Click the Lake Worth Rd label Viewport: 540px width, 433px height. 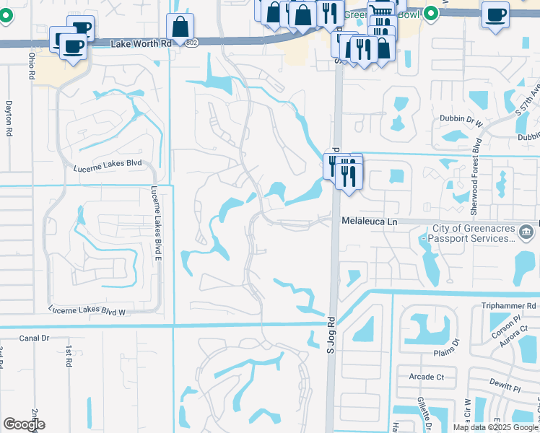pyautogui.click(x=141, y=44)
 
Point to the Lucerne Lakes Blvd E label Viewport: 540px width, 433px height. pyautogui.click(x=155, y=214)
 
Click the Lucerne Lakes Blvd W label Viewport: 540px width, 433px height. pyautogui.click(x=87, y=310)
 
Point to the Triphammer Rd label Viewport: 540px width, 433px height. pyautogui.click(x=510, y=306)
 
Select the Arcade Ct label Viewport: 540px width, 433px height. pyautogui.click(x=426, y=377)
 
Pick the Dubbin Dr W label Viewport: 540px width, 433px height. pyautogui.click(x=460, y=123)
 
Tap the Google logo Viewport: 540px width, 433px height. pyautogui.click(x=24, y=424)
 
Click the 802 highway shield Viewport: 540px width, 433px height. pyautogui.click(x=190, y=43)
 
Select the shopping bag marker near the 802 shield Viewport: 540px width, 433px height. pyautogui.click(x=179, y=27)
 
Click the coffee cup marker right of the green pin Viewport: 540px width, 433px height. pyautogui.click(x=495, y=14)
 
